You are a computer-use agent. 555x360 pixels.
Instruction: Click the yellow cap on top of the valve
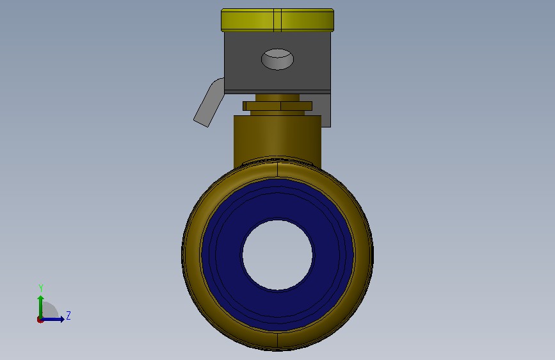(278, 20)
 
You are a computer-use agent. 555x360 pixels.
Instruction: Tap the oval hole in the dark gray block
(278, 59)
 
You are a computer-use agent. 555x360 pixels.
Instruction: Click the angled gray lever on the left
(209, 102)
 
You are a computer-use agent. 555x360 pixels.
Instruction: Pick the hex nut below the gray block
(278, 106)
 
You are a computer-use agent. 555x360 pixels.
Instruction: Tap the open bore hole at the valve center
(278, 255)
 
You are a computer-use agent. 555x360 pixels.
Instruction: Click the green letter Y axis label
(41, 288)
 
